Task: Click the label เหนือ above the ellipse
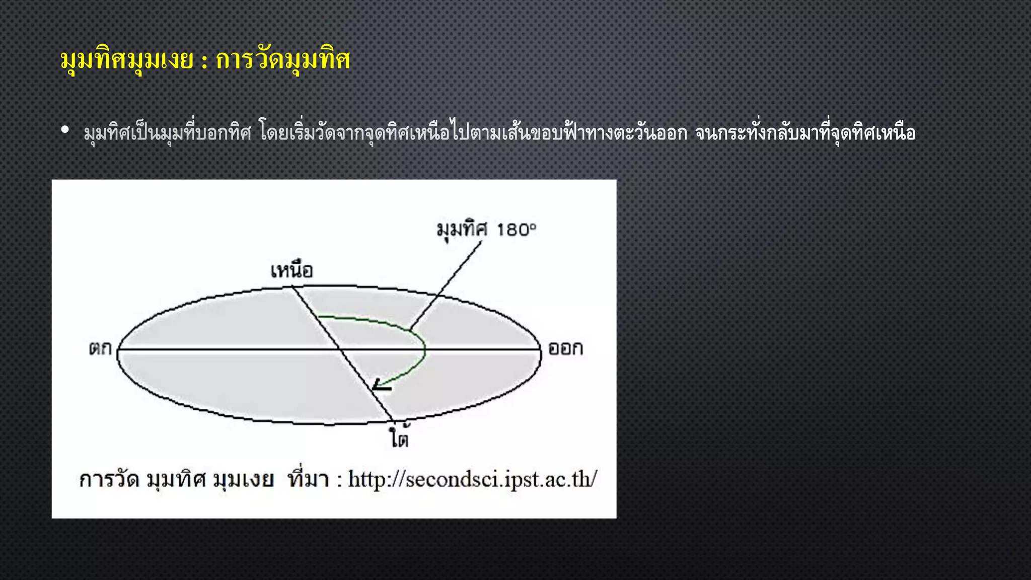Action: tap(291, 271)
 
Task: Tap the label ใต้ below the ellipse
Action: tap(399, 437)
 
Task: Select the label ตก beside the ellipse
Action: tap(100, 348)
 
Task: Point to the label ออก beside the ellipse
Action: tap(565, 348)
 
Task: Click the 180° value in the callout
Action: tap(517, 230)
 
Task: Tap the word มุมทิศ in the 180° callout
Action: tap(462, 230)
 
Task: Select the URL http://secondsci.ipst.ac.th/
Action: tap(473, 479)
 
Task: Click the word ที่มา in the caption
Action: tap(308, 478)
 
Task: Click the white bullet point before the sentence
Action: tap(64, 130)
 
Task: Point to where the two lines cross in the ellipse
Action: tap(338, 348)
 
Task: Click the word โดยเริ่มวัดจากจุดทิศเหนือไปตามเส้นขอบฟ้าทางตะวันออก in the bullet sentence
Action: tap(473, 133)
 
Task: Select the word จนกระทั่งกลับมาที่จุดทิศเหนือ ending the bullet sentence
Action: tap(805, 133)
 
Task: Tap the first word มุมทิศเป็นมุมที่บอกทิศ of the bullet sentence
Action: tap(167, 133)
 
